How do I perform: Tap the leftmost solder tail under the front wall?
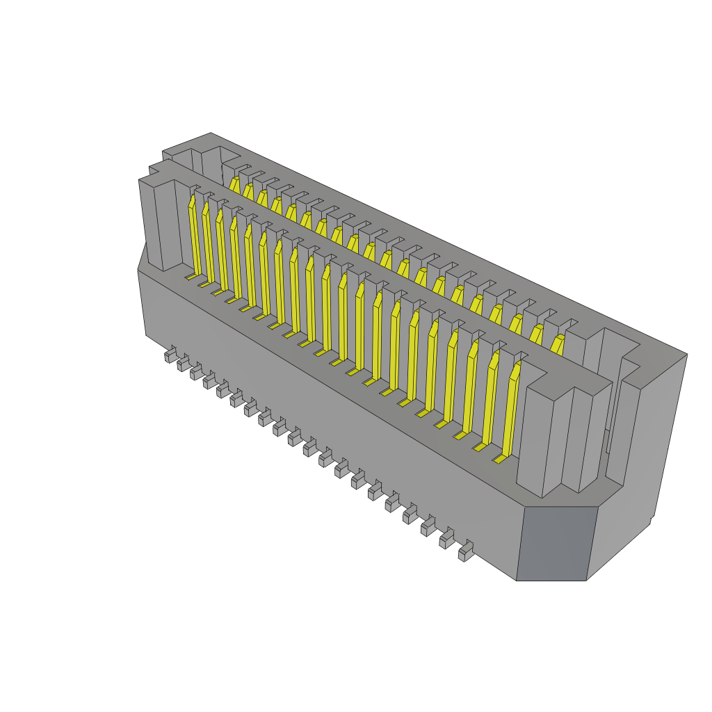click(170, 355)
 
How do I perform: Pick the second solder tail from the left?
click(184, 363)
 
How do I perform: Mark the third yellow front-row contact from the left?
click(222, 252)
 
